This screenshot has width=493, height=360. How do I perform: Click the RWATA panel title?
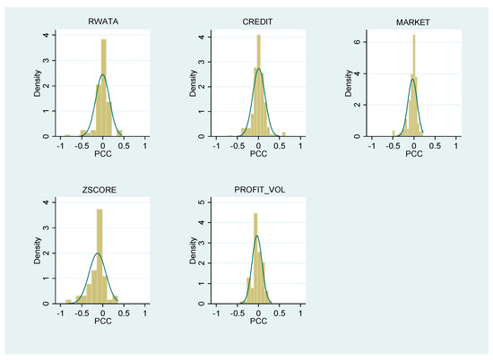(103, 21)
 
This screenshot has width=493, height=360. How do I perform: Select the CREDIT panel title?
(257, 22)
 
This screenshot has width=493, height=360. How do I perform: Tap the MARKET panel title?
(413, 22)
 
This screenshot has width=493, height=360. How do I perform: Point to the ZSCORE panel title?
(99, 190)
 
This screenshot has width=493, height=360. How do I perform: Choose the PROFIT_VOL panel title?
(260, 190)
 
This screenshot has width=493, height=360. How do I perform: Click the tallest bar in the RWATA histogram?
(103, 88)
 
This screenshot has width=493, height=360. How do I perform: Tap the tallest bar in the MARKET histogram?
(414, 85)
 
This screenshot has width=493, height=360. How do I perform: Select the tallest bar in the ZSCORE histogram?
(99, 256)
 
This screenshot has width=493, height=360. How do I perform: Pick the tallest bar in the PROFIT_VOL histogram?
(255, 259)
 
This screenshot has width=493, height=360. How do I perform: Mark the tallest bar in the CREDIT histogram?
(259, 85)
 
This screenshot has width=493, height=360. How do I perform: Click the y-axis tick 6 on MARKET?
(357, 42)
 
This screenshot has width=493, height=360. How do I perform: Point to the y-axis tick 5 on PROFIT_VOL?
(202, 202)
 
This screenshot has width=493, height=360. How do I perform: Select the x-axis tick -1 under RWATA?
(60, 146)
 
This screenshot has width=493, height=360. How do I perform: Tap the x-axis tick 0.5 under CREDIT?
(280, 146)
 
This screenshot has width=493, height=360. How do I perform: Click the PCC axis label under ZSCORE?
(103, 321)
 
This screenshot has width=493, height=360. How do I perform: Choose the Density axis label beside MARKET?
(349, 83)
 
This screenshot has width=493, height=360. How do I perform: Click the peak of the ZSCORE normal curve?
(98, 253)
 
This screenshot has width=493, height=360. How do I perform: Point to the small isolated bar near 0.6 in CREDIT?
(284, 134)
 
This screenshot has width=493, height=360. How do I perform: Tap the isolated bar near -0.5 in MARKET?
(394, 133)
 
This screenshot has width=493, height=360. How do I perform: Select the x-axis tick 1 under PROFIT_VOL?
(300, 313)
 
